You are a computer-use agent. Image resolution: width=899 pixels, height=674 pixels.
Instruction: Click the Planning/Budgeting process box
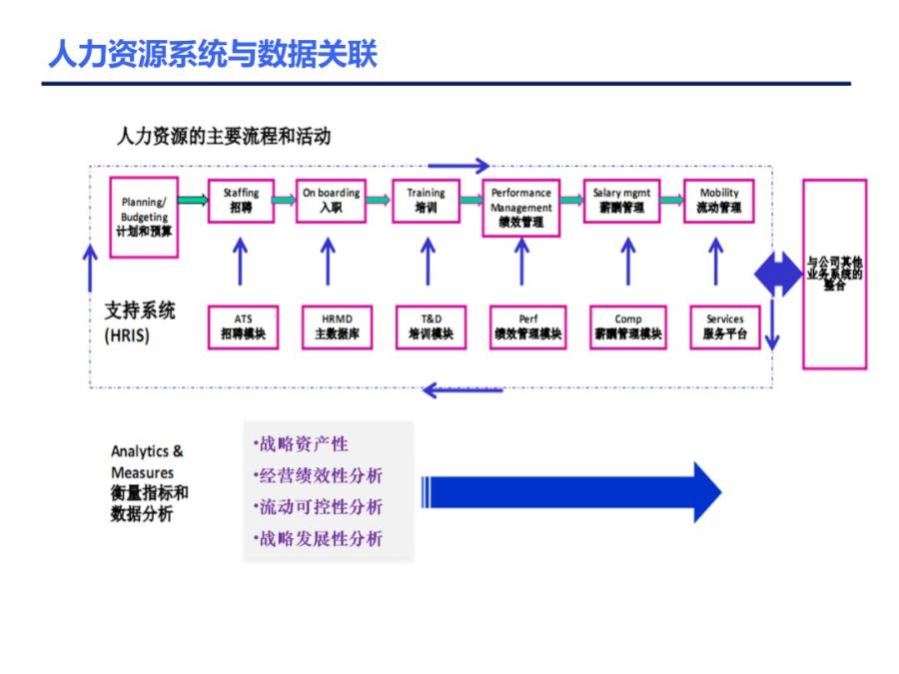[x=145, y=217]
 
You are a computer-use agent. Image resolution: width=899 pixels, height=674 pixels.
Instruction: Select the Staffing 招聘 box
[x=241, y=201]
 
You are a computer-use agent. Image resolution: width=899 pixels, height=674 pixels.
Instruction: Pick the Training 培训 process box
[x=426, y=201]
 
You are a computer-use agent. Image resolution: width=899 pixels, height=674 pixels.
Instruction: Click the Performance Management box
[x=520, y=208]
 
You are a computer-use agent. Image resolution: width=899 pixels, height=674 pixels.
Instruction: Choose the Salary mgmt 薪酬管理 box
[x=620, y=201]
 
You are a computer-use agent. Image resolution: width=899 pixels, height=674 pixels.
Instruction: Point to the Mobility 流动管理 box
[x=719, y=201]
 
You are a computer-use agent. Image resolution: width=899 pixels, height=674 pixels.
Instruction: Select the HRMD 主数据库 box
[x=330, y=327]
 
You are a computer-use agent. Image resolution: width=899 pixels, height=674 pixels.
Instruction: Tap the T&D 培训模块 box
[x=430, y=327]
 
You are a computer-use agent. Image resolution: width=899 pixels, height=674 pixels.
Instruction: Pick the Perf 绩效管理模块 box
[x=527, y=327]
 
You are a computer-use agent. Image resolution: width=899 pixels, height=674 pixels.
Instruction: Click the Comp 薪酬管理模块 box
[x=627, y=327]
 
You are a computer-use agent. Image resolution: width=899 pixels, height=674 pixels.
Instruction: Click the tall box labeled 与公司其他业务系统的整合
[x=834, y=274]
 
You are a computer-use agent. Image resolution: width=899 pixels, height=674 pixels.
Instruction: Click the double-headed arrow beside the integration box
[x=777, y=272]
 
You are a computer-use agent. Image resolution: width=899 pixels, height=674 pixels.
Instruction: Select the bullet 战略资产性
[x=303, y=444]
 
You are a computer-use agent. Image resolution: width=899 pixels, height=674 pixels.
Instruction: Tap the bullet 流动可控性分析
[x=320, y=507]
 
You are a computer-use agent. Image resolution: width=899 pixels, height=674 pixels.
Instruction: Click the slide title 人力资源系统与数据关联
[x=213, y=54]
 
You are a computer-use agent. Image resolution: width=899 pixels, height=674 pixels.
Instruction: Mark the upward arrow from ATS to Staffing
[x=240, y=262]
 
